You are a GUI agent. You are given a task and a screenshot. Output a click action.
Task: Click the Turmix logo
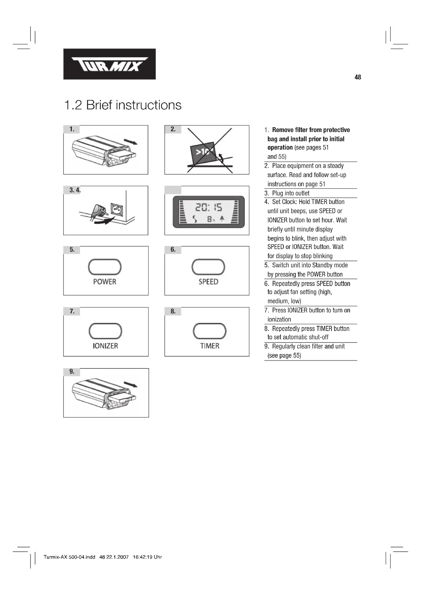coord(109,64)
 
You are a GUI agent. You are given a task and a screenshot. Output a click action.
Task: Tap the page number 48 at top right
coord(357,77)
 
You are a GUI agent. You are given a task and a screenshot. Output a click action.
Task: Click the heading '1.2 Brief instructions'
coord(123,105)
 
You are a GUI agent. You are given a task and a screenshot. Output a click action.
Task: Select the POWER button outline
coord(105,267)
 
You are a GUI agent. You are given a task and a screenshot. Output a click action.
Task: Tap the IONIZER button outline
coord(105,331)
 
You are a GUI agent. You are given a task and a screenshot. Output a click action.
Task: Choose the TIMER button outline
coord(209,331)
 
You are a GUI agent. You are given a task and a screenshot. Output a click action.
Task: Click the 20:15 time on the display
coord(208,207)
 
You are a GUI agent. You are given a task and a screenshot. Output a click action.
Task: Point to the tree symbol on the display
coord(222,219)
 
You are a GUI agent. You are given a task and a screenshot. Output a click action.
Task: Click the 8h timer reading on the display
coord(211,220)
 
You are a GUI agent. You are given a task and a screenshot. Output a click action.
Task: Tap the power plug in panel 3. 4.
coord(98,210)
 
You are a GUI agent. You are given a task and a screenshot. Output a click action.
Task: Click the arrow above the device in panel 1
coord(131,141)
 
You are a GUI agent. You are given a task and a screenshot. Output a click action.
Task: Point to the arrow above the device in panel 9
coord(131,384)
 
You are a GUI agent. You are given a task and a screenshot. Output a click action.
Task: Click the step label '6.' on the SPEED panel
coord(173,250)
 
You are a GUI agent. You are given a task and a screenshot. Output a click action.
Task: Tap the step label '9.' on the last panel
coord(72,372)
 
